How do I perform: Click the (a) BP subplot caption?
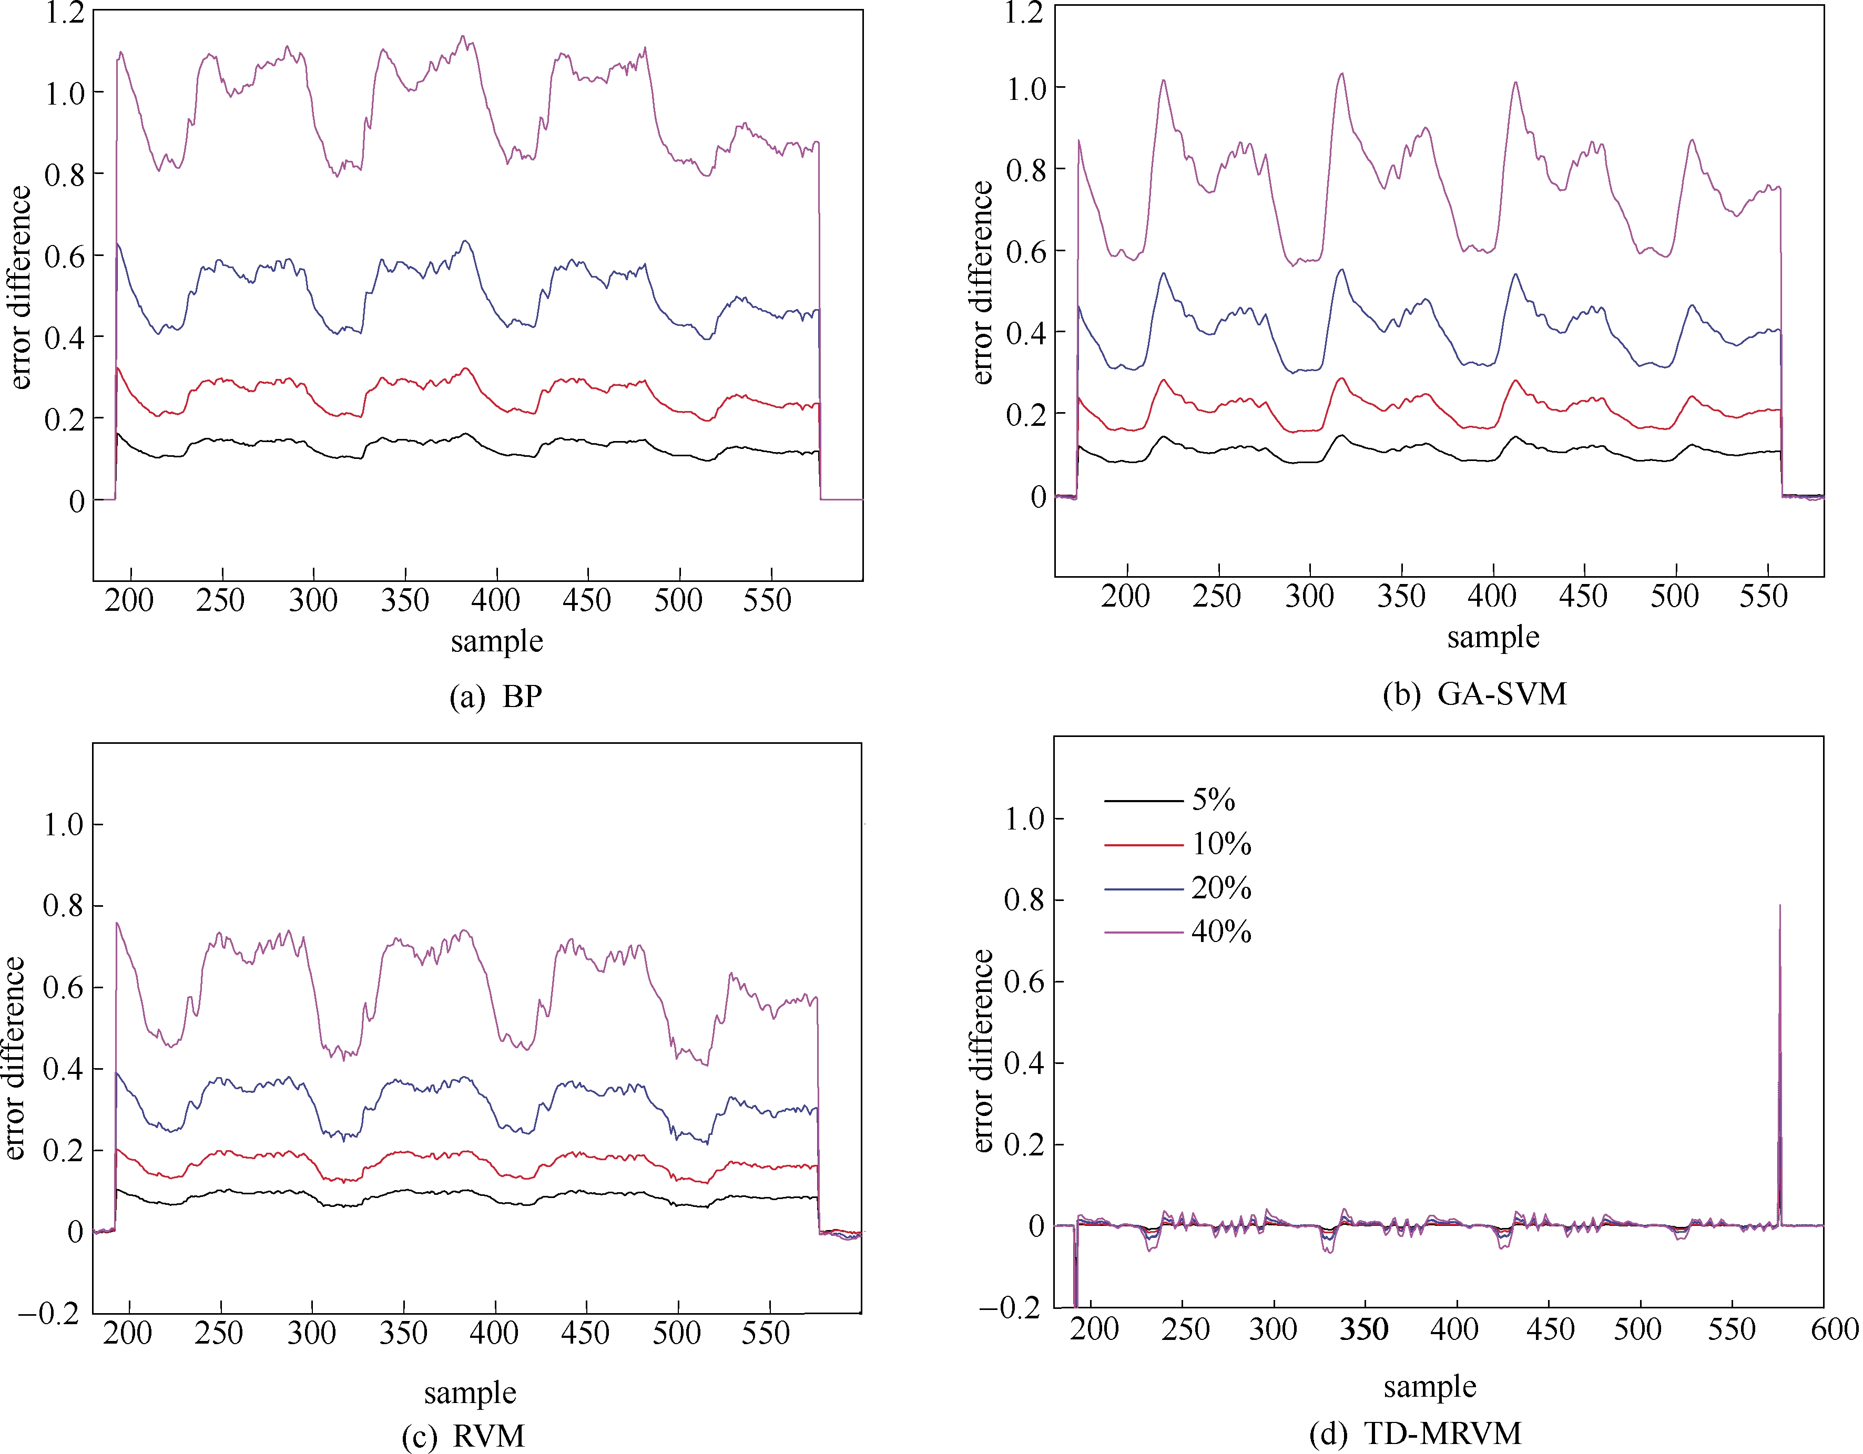496,697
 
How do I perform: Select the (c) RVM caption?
463,1435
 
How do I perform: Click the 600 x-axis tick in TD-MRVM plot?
1834,1329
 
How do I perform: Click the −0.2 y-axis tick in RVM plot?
48,1313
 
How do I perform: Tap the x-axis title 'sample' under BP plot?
496,641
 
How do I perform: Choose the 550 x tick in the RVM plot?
765,1333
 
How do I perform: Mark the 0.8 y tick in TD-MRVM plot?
1024,900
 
